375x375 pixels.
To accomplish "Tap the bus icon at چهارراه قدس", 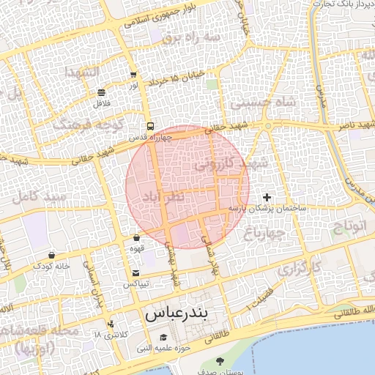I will tap(149, 125).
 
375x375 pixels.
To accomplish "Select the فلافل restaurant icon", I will tap(100, 92).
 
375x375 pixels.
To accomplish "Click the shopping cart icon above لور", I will tap(133, 75).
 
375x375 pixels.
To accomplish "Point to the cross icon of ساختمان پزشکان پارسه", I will tap(267, 197).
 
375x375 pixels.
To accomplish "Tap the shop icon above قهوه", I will tap(137, 237).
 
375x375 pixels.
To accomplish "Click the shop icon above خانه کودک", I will tap(51, 255).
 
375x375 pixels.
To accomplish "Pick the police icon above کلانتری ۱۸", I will tap(111, 324).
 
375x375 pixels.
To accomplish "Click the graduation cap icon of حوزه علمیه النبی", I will tap(163, 338).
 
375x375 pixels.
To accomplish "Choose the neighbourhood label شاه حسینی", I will tap(264, 103).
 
